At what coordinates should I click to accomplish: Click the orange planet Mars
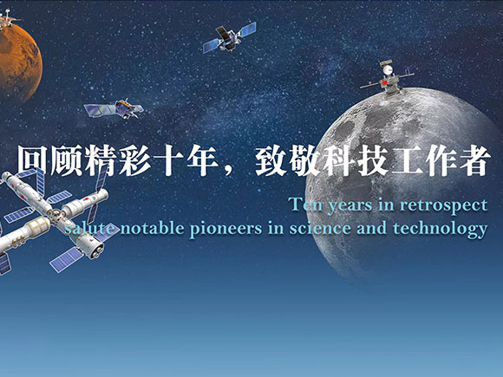pyautogui.click(x=19, y=62)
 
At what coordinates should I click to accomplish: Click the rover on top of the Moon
pyautogui.click(x=387, y=78)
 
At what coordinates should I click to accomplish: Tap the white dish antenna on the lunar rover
pyautogui.click(x=388, y=69)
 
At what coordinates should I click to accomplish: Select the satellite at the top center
pyautogui.click(x=229, y=37)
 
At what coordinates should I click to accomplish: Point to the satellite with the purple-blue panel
pyautogui.click(x=114, y=108)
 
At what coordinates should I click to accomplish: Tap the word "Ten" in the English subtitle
pyautogui.click(x=305, y=205)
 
